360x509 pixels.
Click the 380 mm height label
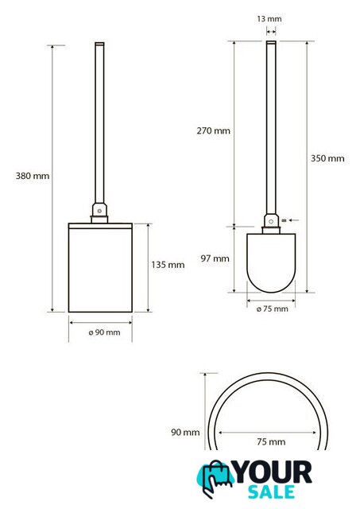pyautogui.click(x=33, y=176)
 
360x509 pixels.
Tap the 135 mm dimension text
pyautogui.click(x=168, y=265)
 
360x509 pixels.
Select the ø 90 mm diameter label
pyautogui.click(x=104, y=332)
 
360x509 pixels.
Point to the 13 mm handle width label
pyautogui.click(x=269, y=19)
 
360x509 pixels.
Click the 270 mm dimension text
pyautogui.click(x=214, y=130)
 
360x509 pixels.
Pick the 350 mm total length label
pyautogui.click(x=327, y=158)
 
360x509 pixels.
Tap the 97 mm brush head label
pyautogui.click(x=215, y=258)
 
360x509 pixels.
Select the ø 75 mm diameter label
pyautogui.click(x=273, y=309)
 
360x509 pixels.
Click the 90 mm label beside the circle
pyautogui.click(x=185, y=433)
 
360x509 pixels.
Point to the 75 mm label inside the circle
pyautogui.click(x=271, y=442)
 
